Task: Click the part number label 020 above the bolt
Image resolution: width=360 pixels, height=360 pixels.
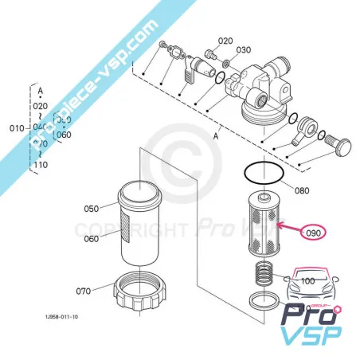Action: [x=225, y=41]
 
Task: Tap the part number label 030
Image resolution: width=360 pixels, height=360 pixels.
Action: [x=243, y=49]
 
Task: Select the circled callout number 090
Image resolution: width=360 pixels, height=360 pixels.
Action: [x=313, y=233]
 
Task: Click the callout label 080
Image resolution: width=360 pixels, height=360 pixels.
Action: [x=301, y=190]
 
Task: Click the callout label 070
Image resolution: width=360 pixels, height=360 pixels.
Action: [x=82, y=289]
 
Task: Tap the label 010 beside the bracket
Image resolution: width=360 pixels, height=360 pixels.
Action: [x=16, y=127]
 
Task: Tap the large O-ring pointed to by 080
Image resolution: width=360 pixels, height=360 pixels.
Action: [x=262, y=171]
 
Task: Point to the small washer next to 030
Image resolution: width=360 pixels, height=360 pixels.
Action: [x=226, y=63]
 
